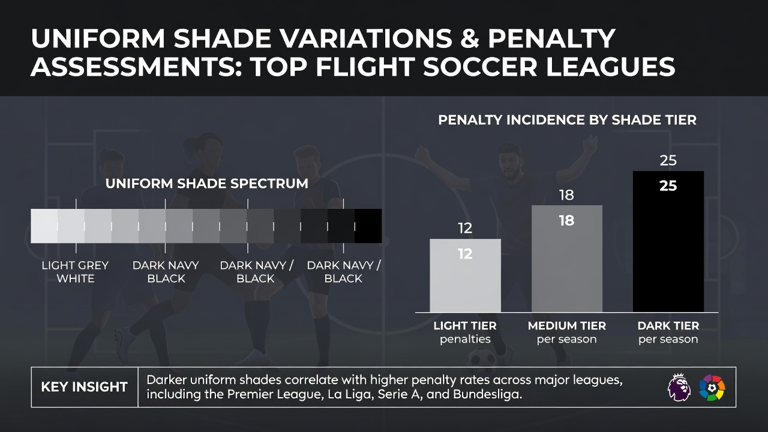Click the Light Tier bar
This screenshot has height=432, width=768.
point(465,275)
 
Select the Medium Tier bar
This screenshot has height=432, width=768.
point(567,259)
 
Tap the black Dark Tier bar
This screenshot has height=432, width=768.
point(668,241)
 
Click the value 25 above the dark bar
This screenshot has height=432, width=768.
point(668,160)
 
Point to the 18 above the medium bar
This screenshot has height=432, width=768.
point(566,195)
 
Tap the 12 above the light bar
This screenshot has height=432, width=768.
point(465,229)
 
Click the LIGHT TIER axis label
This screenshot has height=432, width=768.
point(465,326)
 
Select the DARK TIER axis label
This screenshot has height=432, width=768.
point(668,326)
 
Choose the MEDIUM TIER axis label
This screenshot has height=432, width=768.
point(567,326)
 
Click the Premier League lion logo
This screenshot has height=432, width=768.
point(679,387)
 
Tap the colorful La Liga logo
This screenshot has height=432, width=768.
point(712,388)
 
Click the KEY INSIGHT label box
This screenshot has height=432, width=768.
point(85,387)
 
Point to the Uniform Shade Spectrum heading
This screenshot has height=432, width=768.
point(207,184)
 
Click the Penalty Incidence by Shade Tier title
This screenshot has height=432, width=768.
point(568,120)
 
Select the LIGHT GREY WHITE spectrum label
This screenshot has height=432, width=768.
point(75,272)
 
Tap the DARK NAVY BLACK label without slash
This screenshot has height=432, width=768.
point(166,272)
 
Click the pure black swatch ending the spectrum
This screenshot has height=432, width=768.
point(368,226)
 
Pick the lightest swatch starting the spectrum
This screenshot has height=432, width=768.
point(44,226)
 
